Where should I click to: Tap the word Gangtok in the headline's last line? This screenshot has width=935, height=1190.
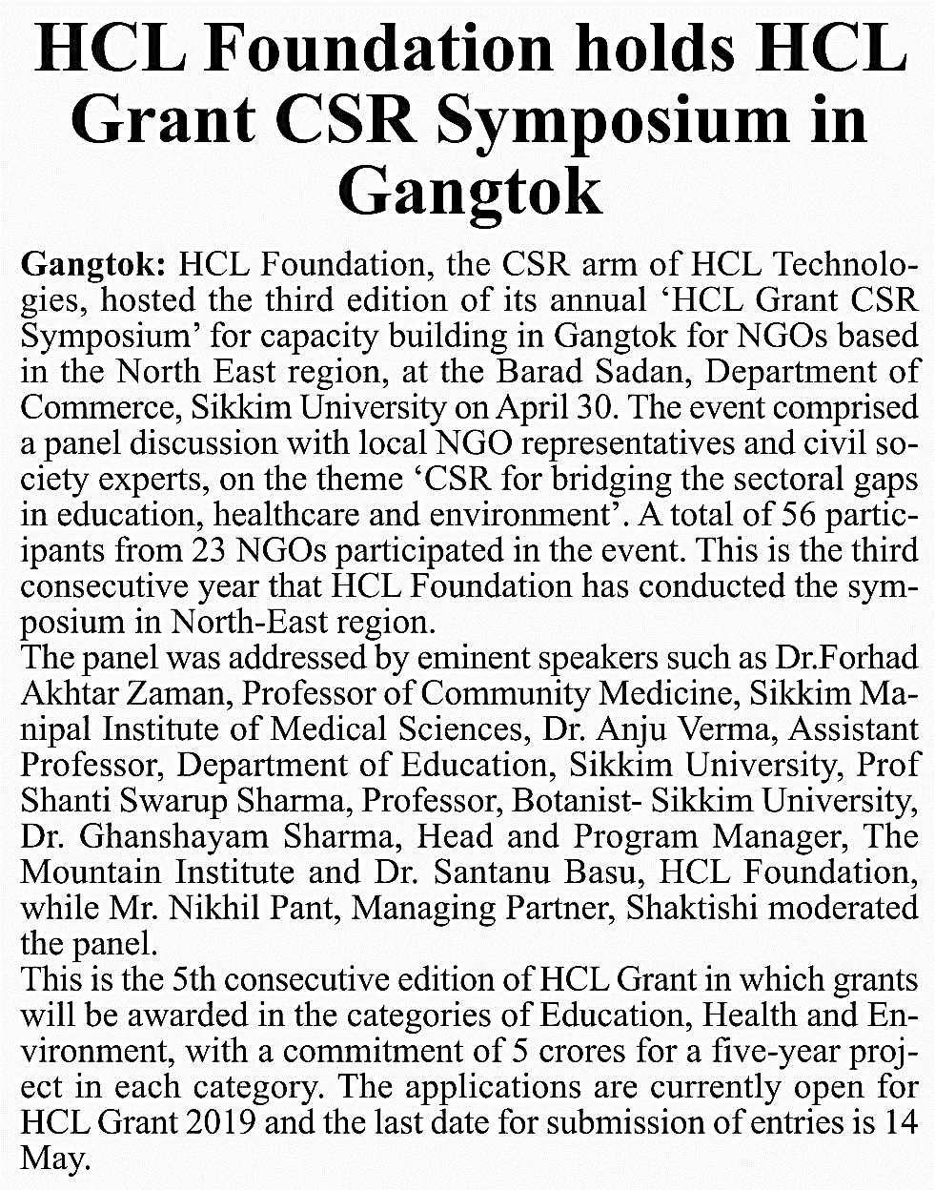click(x=470, y=190)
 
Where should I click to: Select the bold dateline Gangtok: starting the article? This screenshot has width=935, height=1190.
click(x=94, y=263)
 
